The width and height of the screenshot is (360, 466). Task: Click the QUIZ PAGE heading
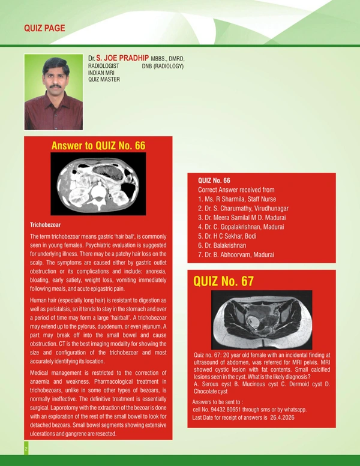point(44,28)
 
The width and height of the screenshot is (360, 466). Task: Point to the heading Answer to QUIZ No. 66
point(99,146)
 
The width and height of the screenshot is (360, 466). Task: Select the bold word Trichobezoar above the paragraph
point(46,225)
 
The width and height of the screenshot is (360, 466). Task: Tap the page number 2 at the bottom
point(26,448)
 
